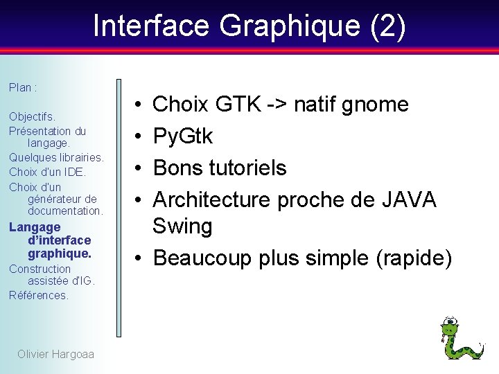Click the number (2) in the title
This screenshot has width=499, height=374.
tap(388, 26)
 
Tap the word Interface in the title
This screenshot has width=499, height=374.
tap(152, 26)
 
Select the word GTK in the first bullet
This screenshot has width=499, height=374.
tap(239, 105)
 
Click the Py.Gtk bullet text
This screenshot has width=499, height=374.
tap(183, 136)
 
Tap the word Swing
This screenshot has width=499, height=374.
tap(182, 226)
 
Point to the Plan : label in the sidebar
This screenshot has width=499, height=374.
tap(23, 88)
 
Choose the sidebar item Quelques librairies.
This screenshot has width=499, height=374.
tap(56, 157)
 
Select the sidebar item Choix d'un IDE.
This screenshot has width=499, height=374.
tap(47, 172)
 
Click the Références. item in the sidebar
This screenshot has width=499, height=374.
tap(39, 295)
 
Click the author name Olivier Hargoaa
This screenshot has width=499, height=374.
tap(55, 355)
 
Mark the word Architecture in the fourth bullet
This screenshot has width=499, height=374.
tap(211, 199)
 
